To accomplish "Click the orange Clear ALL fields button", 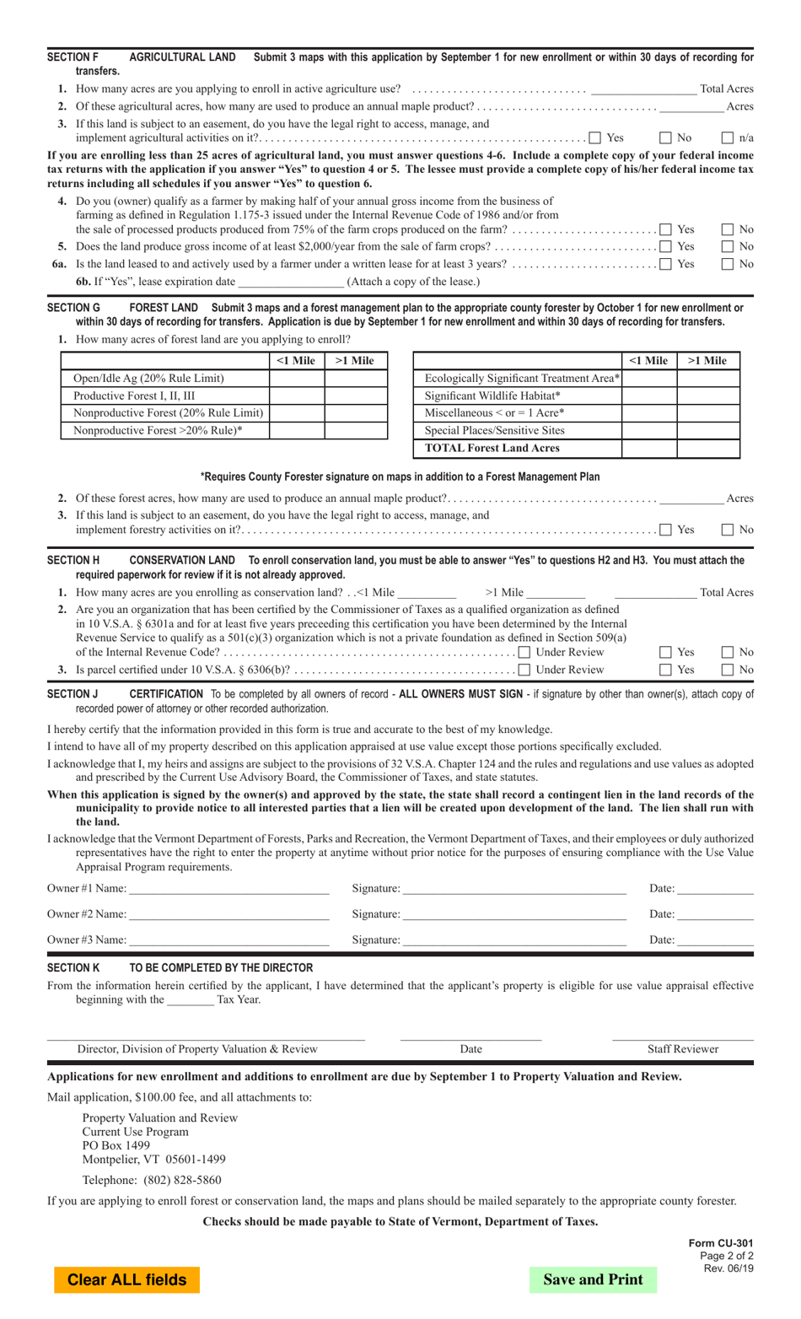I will tap(127, 1279).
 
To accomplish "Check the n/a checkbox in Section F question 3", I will tap(728, 138).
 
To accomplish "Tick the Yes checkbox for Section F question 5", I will tap(666, 247).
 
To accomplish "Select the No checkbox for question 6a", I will tap(728, 265).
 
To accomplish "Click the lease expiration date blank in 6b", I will tap(291, 282).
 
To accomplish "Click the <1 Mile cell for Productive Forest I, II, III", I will tap(297, 396).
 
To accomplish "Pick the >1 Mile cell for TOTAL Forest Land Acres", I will tap(707, 449).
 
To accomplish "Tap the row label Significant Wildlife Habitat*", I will tap(492, 396).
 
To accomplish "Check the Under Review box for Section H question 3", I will tap(524, 670).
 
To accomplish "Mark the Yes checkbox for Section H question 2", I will tap(666, 653).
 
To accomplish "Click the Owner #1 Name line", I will tap(228, 888).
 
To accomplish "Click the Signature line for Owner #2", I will tap(514, 914).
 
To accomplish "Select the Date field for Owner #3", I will tap(715, 939).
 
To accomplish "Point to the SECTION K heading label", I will tap(73, 968).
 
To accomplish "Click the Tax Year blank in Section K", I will tap(191, 1000).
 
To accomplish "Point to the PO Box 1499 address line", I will tap(116, 1145).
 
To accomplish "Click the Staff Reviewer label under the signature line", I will tap(683, 1049).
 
